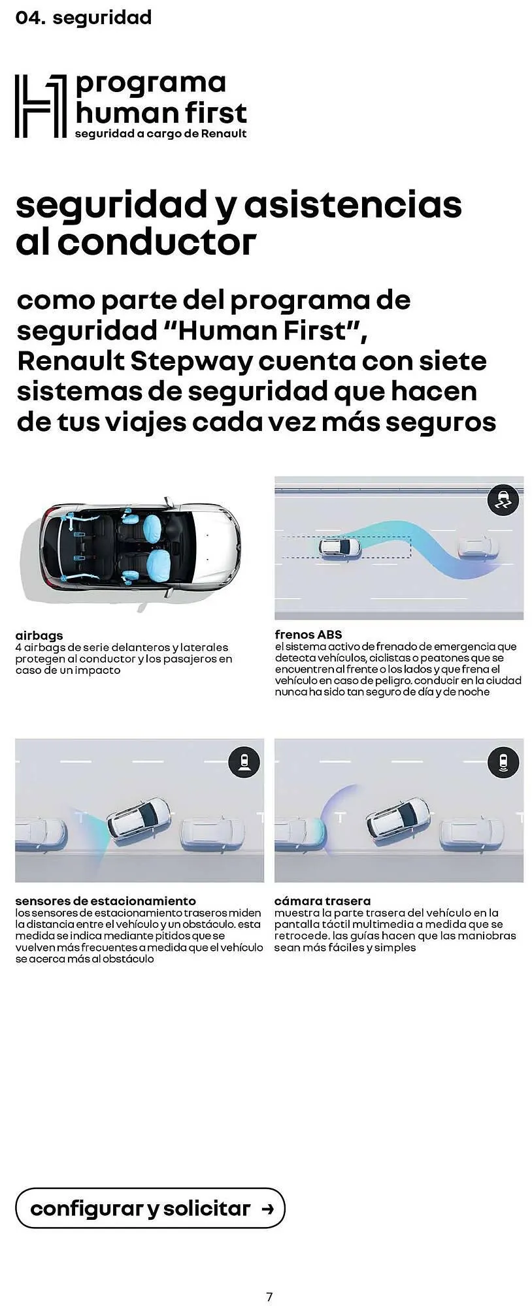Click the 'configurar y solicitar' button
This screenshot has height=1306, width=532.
pyautogui.click(x=150, y=1209)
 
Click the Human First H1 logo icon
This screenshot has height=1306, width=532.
pyautogui.click(x=41, y=106)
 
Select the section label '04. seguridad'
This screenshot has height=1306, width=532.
pyautogui.click(x=83, y=18)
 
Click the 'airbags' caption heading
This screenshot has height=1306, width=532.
pyautogui.click(x=39, y=635)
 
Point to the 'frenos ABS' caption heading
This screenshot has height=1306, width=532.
pyautogui.click(x=308, y=634)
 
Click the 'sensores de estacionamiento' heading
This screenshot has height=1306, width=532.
pyautogui.click(x=105, y=901)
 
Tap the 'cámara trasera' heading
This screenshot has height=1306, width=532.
pyautogui.click(x=322, y=901)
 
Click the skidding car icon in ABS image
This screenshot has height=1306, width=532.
pyautogui.click(x=503, y=502)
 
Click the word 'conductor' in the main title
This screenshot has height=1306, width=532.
pyautogui.click(x=156, y=242)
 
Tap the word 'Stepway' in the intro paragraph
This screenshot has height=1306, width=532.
pyautogui.click(x=192, y=361)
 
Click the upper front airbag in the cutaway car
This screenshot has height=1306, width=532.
pyautogui.click(x=155, y=526)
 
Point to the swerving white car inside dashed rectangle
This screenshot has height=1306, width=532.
pyautogui.click(x=340, y=547)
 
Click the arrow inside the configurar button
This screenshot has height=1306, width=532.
pyautogui.click(x=267, y=1209)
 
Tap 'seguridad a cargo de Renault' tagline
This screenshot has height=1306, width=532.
pyautogui.click(x=161, y=134)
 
